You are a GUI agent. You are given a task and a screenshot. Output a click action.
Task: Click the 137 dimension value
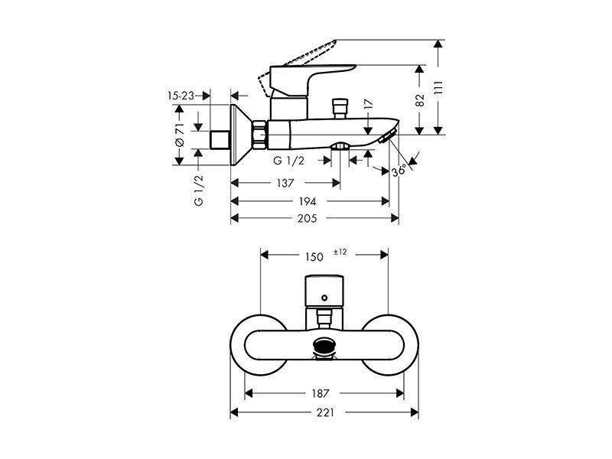(x=285, y=183)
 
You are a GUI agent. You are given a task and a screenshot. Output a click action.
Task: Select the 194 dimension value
(x=308, y=201)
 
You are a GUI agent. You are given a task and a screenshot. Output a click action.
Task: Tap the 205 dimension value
(x=308, y=218)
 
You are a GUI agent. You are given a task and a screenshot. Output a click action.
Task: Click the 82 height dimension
(x=419, y=100)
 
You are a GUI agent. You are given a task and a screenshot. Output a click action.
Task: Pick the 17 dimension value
(x=369, y=104)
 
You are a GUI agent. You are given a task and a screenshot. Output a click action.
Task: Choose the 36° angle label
(x=399, y=171)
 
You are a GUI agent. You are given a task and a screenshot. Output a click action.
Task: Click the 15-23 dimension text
(x=181, y=96)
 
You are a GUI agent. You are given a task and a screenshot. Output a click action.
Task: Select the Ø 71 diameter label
(x=179, y=135)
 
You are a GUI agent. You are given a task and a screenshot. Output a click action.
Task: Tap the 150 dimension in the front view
(x=314, y=257)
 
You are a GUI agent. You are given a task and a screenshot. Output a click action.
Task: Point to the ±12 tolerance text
(x=340, y=252)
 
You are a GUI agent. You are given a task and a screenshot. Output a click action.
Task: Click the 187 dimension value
(x=320, y=393)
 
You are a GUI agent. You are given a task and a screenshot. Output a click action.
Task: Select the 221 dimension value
(x=325, y=412)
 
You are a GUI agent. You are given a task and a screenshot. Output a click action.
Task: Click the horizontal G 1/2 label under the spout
(x=289, y=161)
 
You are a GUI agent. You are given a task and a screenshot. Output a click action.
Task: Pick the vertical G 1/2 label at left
(x=199, y=190)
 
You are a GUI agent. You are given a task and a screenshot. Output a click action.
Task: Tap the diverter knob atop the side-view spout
(x=340, y=108)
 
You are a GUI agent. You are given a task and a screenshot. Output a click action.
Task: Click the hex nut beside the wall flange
(x=259, y=135)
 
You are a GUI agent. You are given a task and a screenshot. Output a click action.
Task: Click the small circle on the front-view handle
(x=324, y=298)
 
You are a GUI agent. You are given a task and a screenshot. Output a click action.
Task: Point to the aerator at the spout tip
(x=387, y=136)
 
